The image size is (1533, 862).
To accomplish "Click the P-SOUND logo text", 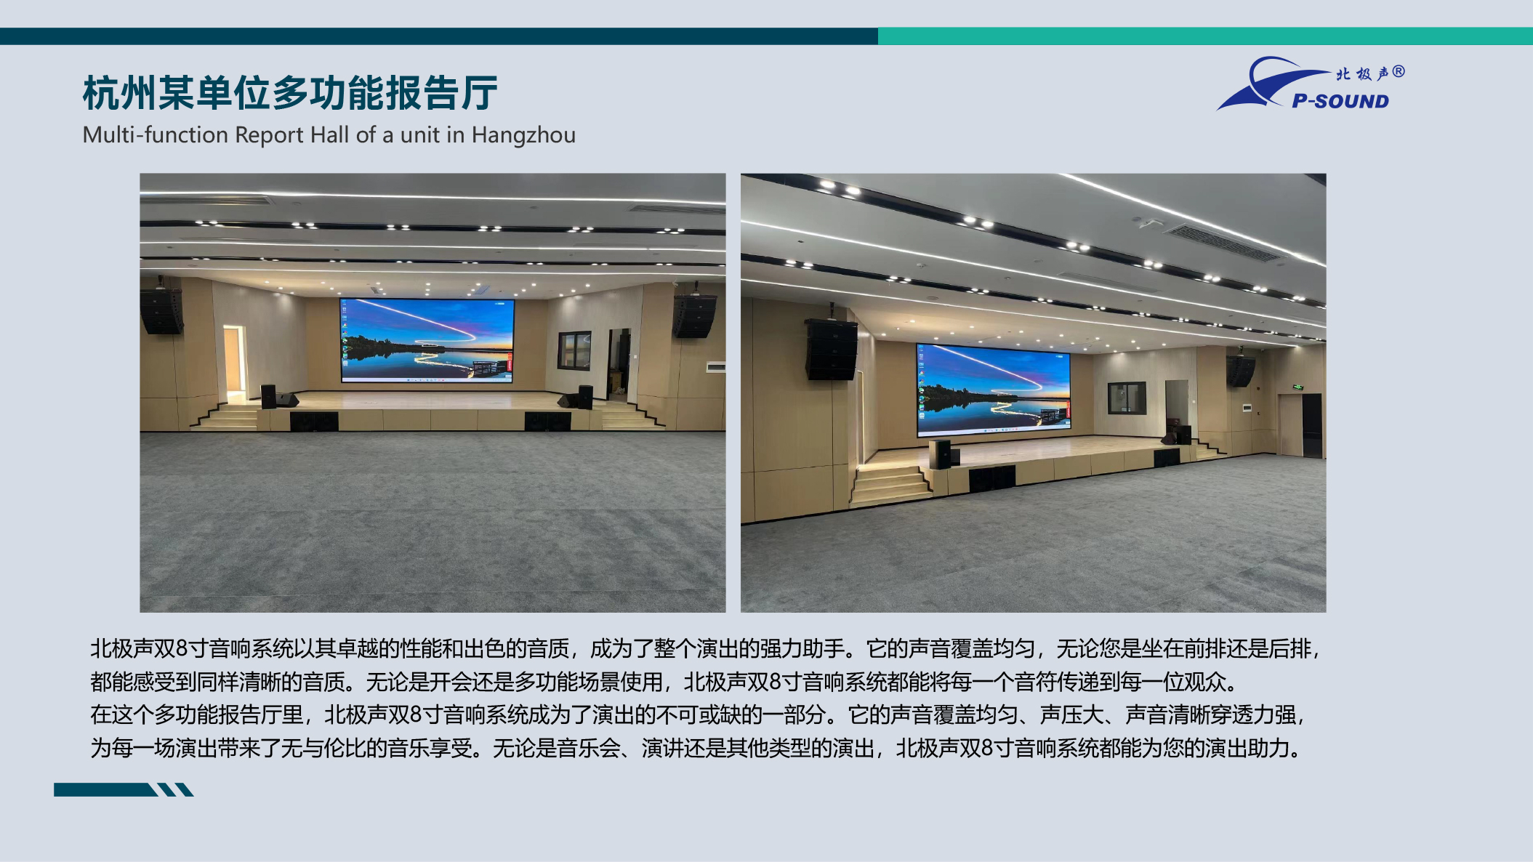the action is tap(1340, 101).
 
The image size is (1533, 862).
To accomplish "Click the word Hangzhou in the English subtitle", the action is tap(523, 135).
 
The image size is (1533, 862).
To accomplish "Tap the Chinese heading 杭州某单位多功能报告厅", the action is tap(290, 93).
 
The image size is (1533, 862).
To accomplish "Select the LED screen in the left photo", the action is tap(427, 340).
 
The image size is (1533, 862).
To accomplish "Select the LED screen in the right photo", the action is tap(993, 390).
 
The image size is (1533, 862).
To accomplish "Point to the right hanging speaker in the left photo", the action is tap(694, 315).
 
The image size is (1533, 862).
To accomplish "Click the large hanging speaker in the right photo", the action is tap(832, 349).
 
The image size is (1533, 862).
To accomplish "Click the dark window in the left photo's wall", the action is tap(574, 350).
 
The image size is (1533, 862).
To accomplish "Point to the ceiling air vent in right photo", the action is tap(1220, 243).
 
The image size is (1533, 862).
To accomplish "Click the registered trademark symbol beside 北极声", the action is tap(1399, 72).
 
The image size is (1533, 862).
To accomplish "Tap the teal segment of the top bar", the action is tap(1205, 36).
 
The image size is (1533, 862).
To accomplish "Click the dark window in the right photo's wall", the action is tap(1127, 398).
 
